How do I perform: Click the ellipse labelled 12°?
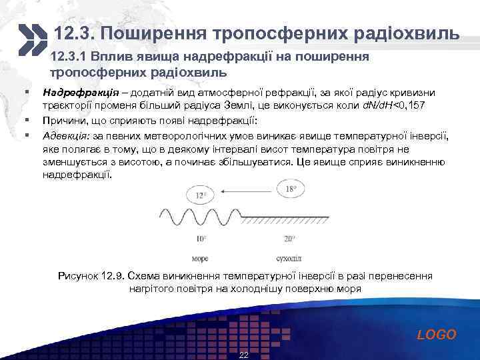201,195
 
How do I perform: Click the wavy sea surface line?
200,217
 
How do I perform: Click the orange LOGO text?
437,335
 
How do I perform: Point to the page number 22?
243,355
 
